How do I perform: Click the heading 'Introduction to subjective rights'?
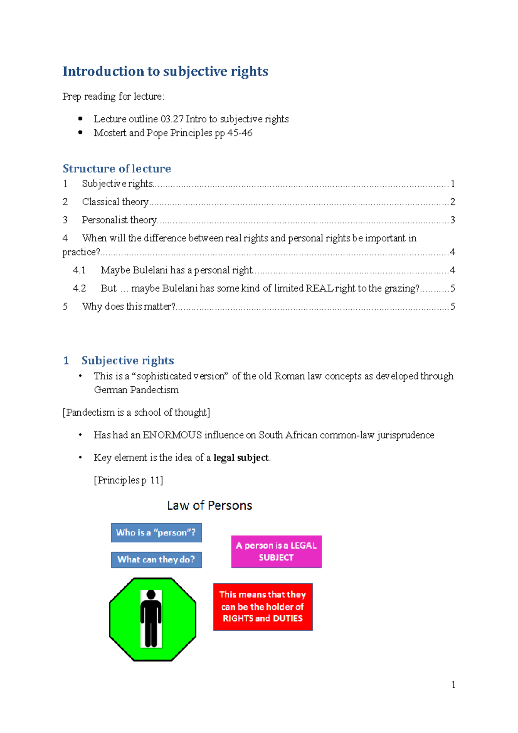pos(165,71)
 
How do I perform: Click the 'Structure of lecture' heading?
pos(117,168)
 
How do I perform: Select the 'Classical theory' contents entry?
pos(115,202)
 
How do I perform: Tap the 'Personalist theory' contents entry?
pos(119,220)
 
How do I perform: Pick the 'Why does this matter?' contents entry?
pos(129,306)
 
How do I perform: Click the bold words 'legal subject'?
pos(241,458)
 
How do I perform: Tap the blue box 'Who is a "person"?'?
pos(156,533)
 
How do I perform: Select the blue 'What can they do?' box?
pos(156,559)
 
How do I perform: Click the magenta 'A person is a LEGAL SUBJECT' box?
pos(276,552)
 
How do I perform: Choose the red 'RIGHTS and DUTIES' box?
pos(262,607)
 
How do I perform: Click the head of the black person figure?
pos(151,594)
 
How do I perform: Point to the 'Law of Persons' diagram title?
pos(209,506)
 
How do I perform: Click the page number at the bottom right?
pos(453,685)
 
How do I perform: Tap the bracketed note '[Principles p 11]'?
pos(128,480)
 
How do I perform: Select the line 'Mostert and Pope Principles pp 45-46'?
pos(173,133)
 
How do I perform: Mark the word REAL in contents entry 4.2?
pos(319,288)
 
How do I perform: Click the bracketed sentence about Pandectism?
pos(136,412)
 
